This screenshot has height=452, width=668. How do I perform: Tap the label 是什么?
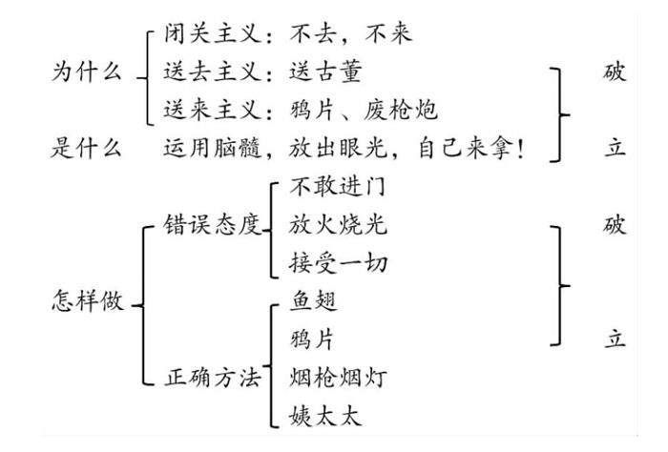tap(85, 148)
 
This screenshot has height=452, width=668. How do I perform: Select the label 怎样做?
tap(85, 302)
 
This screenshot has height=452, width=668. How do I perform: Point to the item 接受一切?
tap(328, 264)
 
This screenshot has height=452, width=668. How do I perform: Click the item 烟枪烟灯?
tap(328, 378)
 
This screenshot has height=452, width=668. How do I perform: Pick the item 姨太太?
tap(320, 416)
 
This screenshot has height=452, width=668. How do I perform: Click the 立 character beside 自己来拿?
tap(615, 148)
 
